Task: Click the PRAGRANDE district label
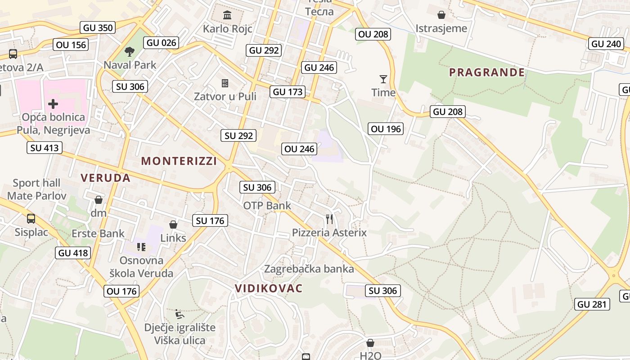point(487,72)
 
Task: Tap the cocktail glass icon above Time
point(383,80)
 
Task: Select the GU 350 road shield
point(98,28)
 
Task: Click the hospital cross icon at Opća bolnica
point(53,104)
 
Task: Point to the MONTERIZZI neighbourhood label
point(179,161)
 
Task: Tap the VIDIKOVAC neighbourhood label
point(269,288)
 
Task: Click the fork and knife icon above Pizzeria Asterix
point(329,219)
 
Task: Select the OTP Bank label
point(267,206)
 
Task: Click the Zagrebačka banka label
point(309,269)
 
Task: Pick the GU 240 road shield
point(606,44)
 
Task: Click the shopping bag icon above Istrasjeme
point(441,15)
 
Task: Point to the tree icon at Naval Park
point(130,51)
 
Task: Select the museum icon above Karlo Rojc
point(227,15)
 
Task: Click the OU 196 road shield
point(386,129)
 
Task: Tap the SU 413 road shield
point(44,148)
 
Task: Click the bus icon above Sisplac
point(31,219)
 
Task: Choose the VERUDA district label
point(106,178)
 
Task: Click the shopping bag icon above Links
point(173,224)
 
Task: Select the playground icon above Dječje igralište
point(180,313)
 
